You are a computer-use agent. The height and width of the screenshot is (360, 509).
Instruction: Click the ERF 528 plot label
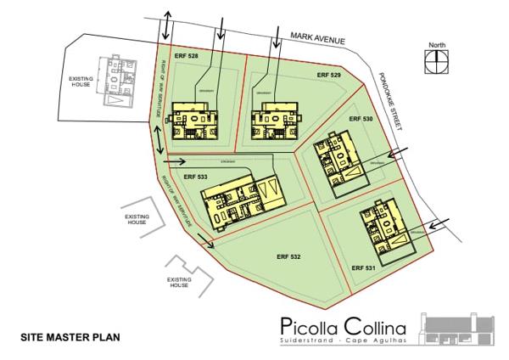[x=186, y=55]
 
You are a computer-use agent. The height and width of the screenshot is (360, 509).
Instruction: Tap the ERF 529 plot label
[x=329, y=76]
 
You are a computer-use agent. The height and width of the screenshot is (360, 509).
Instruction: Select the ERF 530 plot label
[x=361, y=120]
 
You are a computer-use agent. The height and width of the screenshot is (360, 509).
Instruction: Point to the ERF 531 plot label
[x=364, y=268]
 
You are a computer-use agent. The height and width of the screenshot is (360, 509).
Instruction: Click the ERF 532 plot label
[x=289, y=256]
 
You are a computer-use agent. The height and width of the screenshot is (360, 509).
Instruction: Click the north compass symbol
[x=435, y=59]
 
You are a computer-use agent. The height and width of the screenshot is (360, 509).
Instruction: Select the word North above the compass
[x=435, y=45]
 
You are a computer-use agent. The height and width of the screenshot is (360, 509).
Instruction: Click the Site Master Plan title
[x=70, y=338]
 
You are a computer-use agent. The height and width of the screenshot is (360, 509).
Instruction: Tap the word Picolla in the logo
[x=313, y=327]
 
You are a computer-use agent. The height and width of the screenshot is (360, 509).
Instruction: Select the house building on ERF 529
[x=276, y=121]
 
